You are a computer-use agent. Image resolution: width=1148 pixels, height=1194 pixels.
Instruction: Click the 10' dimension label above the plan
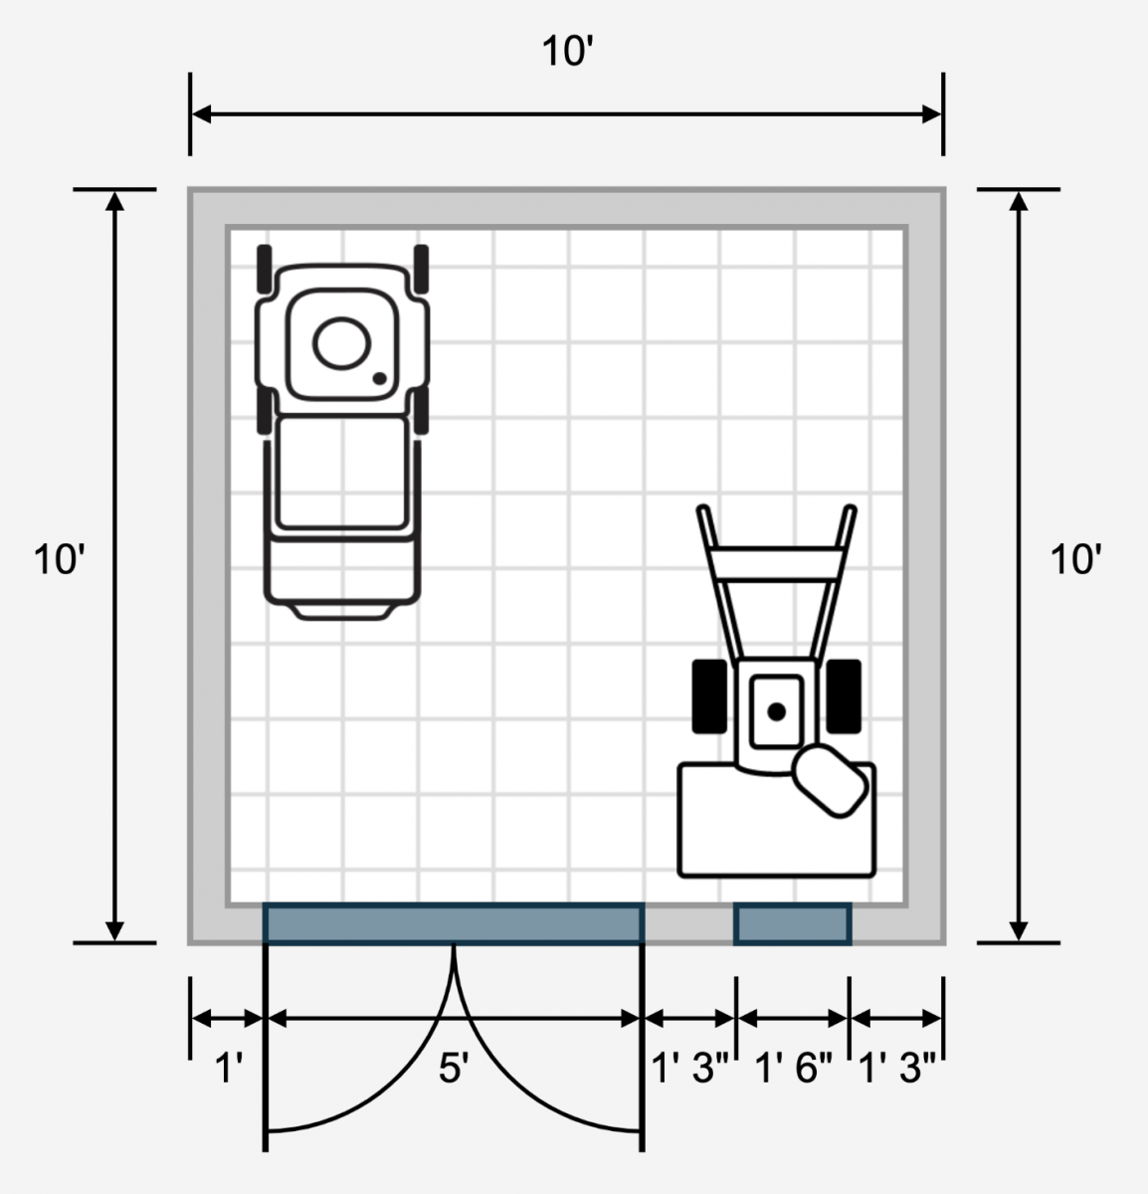click(568, 51)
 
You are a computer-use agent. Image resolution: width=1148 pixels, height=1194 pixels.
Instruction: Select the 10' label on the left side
click(59, 559)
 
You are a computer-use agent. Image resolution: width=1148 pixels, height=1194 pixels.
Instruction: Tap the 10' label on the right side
click(1075, 559)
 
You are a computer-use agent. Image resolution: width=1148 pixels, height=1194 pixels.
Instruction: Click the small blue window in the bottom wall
click(793, 924)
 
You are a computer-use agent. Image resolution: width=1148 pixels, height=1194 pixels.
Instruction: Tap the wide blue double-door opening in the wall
click(454, 924)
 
